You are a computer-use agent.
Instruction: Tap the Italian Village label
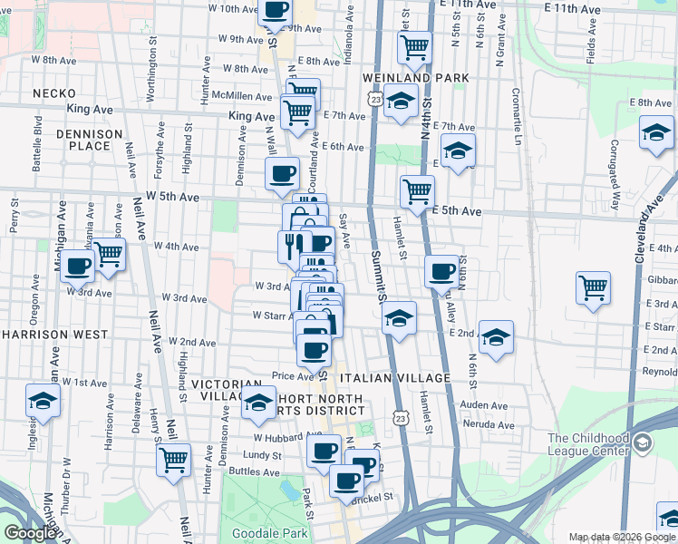395,377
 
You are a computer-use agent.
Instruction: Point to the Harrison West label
43,335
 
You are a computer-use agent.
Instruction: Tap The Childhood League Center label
588,444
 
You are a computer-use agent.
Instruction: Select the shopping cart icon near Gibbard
593,287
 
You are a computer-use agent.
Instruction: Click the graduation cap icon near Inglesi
43,399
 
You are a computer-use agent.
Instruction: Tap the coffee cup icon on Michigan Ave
79,266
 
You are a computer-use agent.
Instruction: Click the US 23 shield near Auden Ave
401,416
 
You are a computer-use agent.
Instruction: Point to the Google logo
30,533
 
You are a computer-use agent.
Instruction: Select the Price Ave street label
292,375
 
